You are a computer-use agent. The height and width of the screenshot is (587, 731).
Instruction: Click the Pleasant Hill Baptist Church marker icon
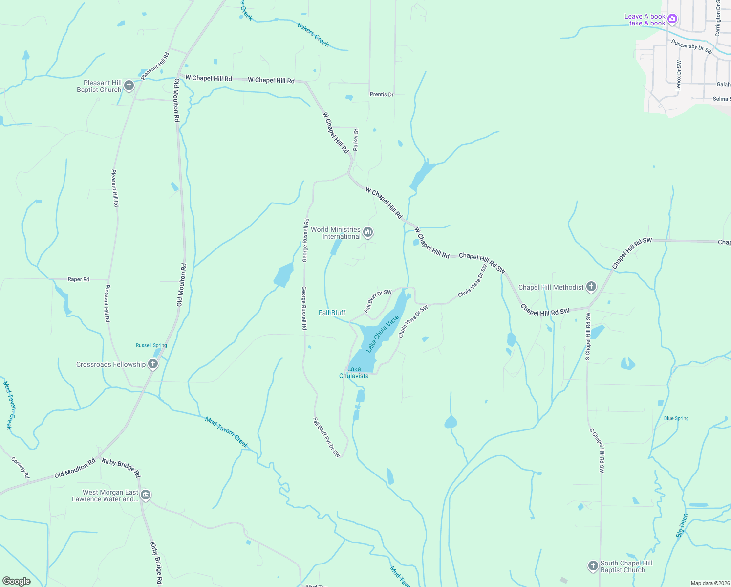tap(129, 86)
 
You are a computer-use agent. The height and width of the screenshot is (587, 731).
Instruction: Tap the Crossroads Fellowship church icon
tap(153, 364)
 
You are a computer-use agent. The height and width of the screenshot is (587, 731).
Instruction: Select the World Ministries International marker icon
tap(368, 232)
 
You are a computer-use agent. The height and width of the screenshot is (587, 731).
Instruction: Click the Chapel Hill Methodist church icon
tap(591, 287)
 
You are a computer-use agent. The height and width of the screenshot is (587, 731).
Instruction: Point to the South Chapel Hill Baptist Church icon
tap(593, 566)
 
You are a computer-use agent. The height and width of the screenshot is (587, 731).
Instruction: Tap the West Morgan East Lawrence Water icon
tap(146, 496)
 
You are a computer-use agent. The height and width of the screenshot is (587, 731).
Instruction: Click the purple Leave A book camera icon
tap(672, 19)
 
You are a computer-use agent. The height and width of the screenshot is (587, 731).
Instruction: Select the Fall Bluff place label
tap(332, 313)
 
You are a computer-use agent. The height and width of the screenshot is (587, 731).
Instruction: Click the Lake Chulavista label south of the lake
tap(354, 372)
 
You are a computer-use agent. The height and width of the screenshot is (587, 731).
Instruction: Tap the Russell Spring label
tap(151, 345)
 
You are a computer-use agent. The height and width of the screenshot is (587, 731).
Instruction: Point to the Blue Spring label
tap(676, 418)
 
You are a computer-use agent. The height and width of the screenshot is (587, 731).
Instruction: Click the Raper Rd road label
tap(78, 279)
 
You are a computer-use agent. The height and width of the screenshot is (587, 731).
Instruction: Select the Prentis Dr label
tap(381, 94)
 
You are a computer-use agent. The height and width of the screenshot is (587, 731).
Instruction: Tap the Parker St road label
tap(356, 139)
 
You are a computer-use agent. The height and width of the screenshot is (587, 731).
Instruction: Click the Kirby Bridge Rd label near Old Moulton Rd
tap(121, 467)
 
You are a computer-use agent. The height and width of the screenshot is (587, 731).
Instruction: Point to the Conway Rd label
tap(20, 468)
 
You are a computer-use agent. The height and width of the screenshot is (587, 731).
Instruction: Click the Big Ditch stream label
tap(682, 525)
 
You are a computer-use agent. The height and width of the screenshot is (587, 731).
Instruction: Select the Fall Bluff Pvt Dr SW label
tap(326, 437)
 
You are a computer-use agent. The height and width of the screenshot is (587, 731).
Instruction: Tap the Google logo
tap(17, 581)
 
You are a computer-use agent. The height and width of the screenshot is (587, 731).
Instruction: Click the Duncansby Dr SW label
tap(691, 46)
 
